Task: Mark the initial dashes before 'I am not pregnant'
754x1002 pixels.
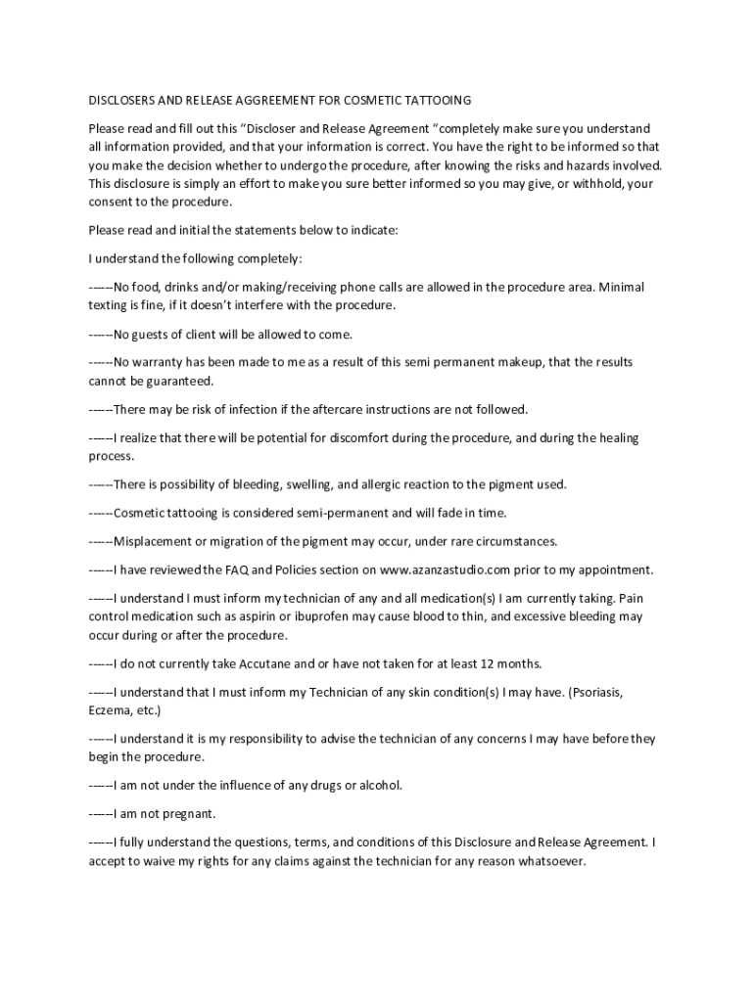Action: click(x=101, y=813)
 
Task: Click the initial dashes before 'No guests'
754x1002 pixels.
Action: click(x=101, y=334)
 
